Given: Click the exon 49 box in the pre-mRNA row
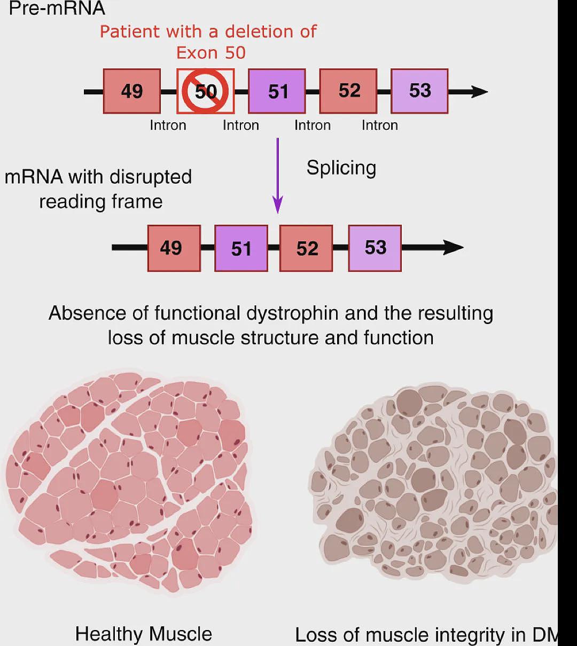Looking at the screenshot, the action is coord(132,91).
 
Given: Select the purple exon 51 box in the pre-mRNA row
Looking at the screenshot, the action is coord(277,91).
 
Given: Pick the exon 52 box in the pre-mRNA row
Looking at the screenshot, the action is coord(348,91).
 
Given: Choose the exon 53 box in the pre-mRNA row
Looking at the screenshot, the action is coord(420,91).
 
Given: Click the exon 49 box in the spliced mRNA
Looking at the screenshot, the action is coord(174,248).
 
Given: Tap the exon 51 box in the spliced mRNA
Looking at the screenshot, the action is coord(241,248).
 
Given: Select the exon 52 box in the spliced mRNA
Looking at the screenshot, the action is coord(306,248).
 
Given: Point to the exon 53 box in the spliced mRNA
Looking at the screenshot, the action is coord(375,248).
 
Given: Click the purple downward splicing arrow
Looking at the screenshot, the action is coord(278,175).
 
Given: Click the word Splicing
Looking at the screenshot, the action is coord(341,168).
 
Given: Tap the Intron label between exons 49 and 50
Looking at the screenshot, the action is coord(168,125).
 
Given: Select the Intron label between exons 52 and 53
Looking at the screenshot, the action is coord(380,125).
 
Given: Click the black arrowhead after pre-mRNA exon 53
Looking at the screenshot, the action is coord(480,92).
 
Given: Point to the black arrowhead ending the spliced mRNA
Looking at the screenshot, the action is coord(454,247).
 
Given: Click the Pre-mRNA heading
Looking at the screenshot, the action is coord(57,8).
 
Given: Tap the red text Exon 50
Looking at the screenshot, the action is coord(211,53).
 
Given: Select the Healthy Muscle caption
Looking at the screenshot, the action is coord(144,634).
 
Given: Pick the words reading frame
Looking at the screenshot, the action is coord(101,202).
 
